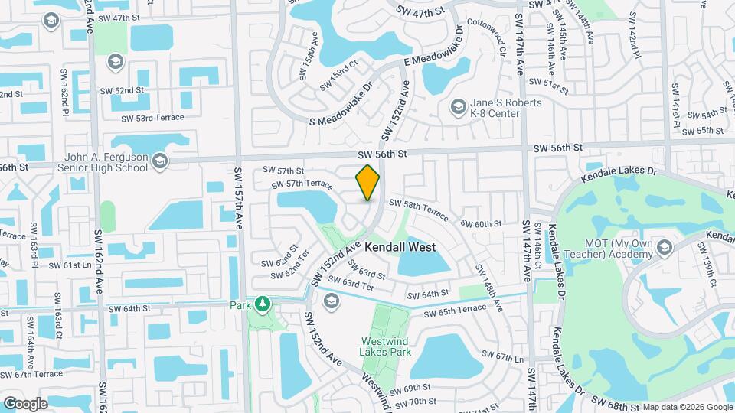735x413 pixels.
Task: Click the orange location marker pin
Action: pos(368,183)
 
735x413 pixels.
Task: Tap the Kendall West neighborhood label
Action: pos(400,247)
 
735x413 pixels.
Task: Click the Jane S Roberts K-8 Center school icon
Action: pos(459,106)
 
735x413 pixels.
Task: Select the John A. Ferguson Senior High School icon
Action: pos(160,161)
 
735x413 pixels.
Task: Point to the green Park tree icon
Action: pos(263,304)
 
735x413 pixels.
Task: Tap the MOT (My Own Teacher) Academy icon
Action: pos(664,246)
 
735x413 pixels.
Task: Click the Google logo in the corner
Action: pos(25,404)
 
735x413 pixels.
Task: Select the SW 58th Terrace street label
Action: pos(417,206)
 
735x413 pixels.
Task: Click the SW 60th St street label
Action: pos(481,223)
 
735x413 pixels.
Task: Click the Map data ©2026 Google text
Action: pos(687,407)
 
